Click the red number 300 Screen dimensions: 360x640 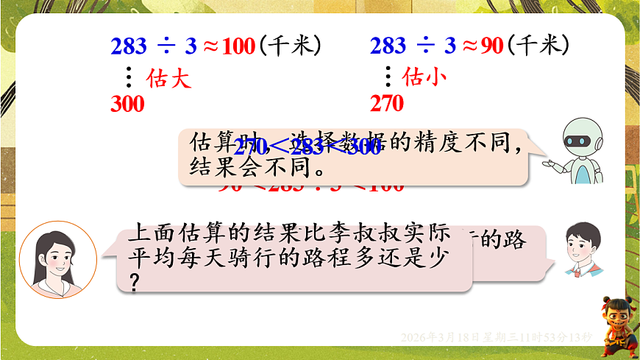127,104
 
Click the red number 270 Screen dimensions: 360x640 387,104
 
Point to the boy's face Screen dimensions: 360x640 583,244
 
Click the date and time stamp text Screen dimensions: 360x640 497,337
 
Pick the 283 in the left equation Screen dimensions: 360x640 129,47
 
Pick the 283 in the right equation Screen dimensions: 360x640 388,47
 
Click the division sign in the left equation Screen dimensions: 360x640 166,47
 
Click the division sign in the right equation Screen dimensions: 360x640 424,47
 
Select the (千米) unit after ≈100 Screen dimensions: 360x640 291,46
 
